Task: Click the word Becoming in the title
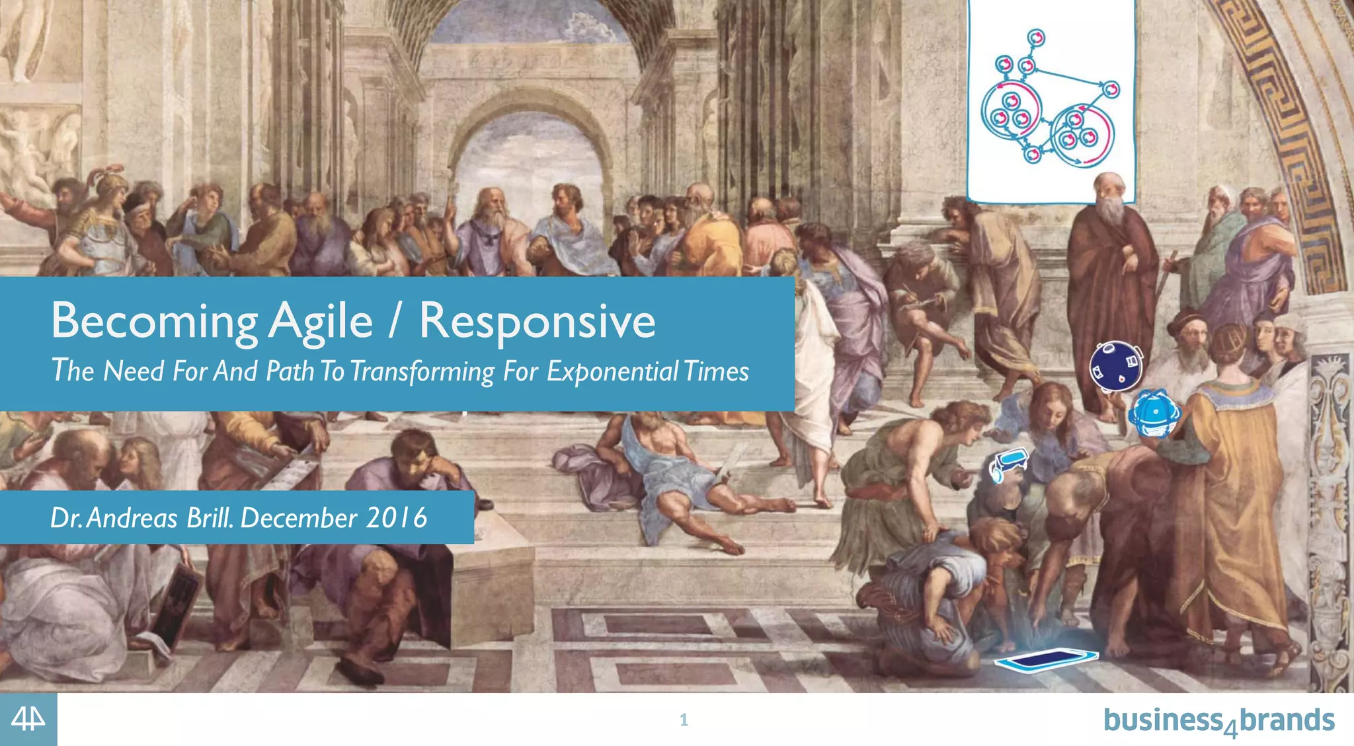[x=154, y=322]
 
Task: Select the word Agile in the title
[x=321, y=322]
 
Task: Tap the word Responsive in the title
[x=537, y=322]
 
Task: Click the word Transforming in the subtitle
[x=422, y=371]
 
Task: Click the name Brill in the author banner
[x=210, y=517]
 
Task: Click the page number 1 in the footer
[x=684, y=720]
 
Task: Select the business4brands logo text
[x=1218, y=720]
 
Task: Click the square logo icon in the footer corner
[x=28, y=720]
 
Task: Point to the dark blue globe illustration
[x=1116, y=367]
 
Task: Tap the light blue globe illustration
[x=1154, y=414]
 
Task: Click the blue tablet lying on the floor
[x=1046, y=659]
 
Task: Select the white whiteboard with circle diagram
[x=1051, y=99]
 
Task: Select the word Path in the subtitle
[x=289, y=371]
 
